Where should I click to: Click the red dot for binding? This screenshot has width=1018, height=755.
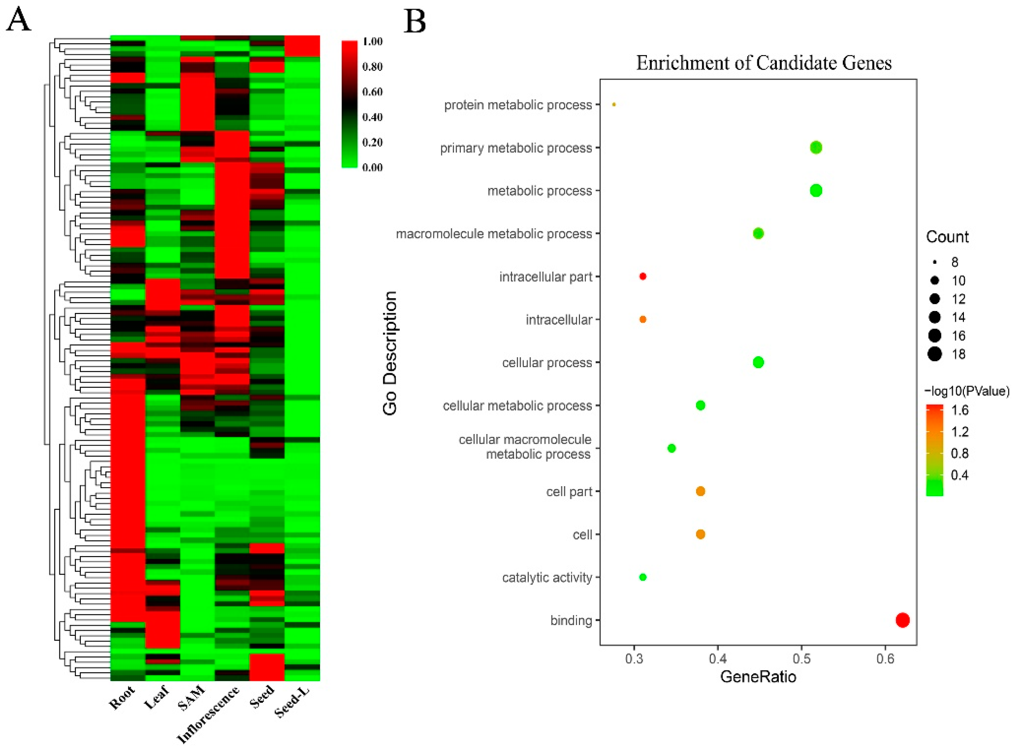(x=902, y=620)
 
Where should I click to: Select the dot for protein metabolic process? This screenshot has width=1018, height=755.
(x=614, y=105)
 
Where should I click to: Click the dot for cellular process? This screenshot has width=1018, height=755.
(x=758, y=362)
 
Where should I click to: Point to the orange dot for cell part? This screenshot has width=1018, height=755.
(x=700, y=491)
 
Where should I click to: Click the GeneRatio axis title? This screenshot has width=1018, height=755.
(x=758, y=677)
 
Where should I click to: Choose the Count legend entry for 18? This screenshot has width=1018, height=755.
(x=958, y=354)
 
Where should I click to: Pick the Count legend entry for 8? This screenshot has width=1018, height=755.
(x=955, y=262)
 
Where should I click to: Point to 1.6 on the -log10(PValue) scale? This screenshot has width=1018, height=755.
(x=959, y=410)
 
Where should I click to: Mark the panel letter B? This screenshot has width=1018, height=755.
(x=415, y=21)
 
